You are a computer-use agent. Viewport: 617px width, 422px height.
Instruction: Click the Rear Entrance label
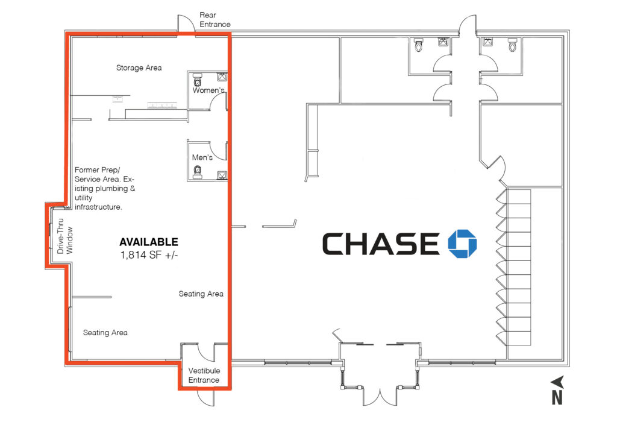(x=215, y=20)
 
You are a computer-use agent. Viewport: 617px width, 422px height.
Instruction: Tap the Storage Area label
(x=139, y=68)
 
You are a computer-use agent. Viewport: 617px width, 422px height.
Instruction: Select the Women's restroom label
(x=208, y=90)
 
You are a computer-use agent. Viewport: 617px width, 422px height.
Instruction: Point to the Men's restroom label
(x=202, y=157)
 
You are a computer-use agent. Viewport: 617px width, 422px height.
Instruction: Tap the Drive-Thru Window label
(x=65, y=236)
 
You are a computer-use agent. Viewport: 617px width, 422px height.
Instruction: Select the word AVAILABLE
(x=149, y=242)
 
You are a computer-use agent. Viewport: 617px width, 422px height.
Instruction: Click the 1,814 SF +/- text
(x=149, y=255)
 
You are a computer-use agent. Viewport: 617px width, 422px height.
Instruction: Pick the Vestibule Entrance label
(x=204, y=375)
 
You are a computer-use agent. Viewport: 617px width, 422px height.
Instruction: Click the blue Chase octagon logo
(x=462, y=244)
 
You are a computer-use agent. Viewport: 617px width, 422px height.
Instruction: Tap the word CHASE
(x=381, y=244)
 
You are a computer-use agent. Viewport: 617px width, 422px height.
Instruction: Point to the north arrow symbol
(x=558, y=382)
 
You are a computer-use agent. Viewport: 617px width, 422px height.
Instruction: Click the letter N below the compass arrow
(x=557, y=398)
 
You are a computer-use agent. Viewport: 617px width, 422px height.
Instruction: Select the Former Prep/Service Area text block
(x=105, y=188)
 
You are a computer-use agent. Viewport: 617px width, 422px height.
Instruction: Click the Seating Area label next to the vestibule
(x=201, y=294)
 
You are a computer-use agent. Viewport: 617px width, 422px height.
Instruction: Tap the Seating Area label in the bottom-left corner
(x=105, y=333)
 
